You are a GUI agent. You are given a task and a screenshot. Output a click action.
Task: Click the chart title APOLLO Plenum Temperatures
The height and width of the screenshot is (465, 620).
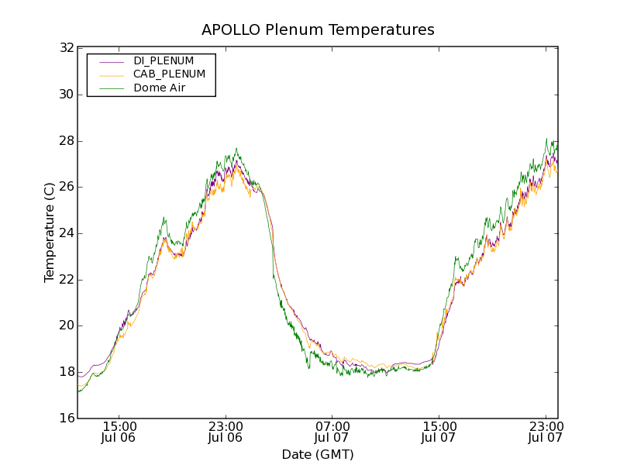(318, 30)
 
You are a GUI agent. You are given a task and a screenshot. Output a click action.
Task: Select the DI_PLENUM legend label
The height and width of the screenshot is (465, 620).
(164, 60)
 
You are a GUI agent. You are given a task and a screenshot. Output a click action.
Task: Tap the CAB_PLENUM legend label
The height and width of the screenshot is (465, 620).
(169, 74)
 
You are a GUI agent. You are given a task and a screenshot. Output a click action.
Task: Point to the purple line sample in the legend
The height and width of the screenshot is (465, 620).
(112, 61)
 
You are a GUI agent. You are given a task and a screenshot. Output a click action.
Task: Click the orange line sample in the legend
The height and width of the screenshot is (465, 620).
(112, 74)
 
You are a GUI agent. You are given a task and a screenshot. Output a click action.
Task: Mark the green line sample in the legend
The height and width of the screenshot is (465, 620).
(112, 88)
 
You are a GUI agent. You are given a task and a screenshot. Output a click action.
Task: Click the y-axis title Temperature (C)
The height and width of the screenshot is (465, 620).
(50, 232)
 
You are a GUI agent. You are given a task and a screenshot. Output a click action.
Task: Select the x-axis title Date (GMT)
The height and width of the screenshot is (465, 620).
(318, 455)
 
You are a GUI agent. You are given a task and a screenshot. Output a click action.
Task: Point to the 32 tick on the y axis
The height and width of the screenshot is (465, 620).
(66, 48)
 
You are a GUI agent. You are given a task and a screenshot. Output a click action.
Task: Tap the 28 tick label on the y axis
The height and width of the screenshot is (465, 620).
(66, 141)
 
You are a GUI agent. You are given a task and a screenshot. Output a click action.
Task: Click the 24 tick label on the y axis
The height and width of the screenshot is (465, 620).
(66, 233)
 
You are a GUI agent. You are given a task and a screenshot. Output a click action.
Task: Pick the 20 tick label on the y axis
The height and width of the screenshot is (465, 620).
(66, 325)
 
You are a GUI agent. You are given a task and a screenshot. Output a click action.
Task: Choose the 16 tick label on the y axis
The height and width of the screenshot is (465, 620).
(66, 418)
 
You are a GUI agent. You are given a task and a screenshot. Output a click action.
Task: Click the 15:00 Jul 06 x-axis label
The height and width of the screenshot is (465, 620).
(119, 432)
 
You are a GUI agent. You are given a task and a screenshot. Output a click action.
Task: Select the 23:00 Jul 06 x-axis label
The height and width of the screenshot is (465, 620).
(226, 432)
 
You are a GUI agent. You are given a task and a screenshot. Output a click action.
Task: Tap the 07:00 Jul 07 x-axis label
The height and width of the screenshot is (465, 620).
(332, 432)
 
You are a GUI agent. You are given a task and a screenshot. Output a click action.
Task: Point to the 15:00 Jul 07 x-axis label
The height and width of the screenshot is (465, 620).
(439, 432)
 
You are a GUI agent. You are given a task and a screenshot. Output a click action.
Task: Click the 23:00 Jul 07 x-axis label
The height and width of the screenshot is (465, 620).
(545, 432)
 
